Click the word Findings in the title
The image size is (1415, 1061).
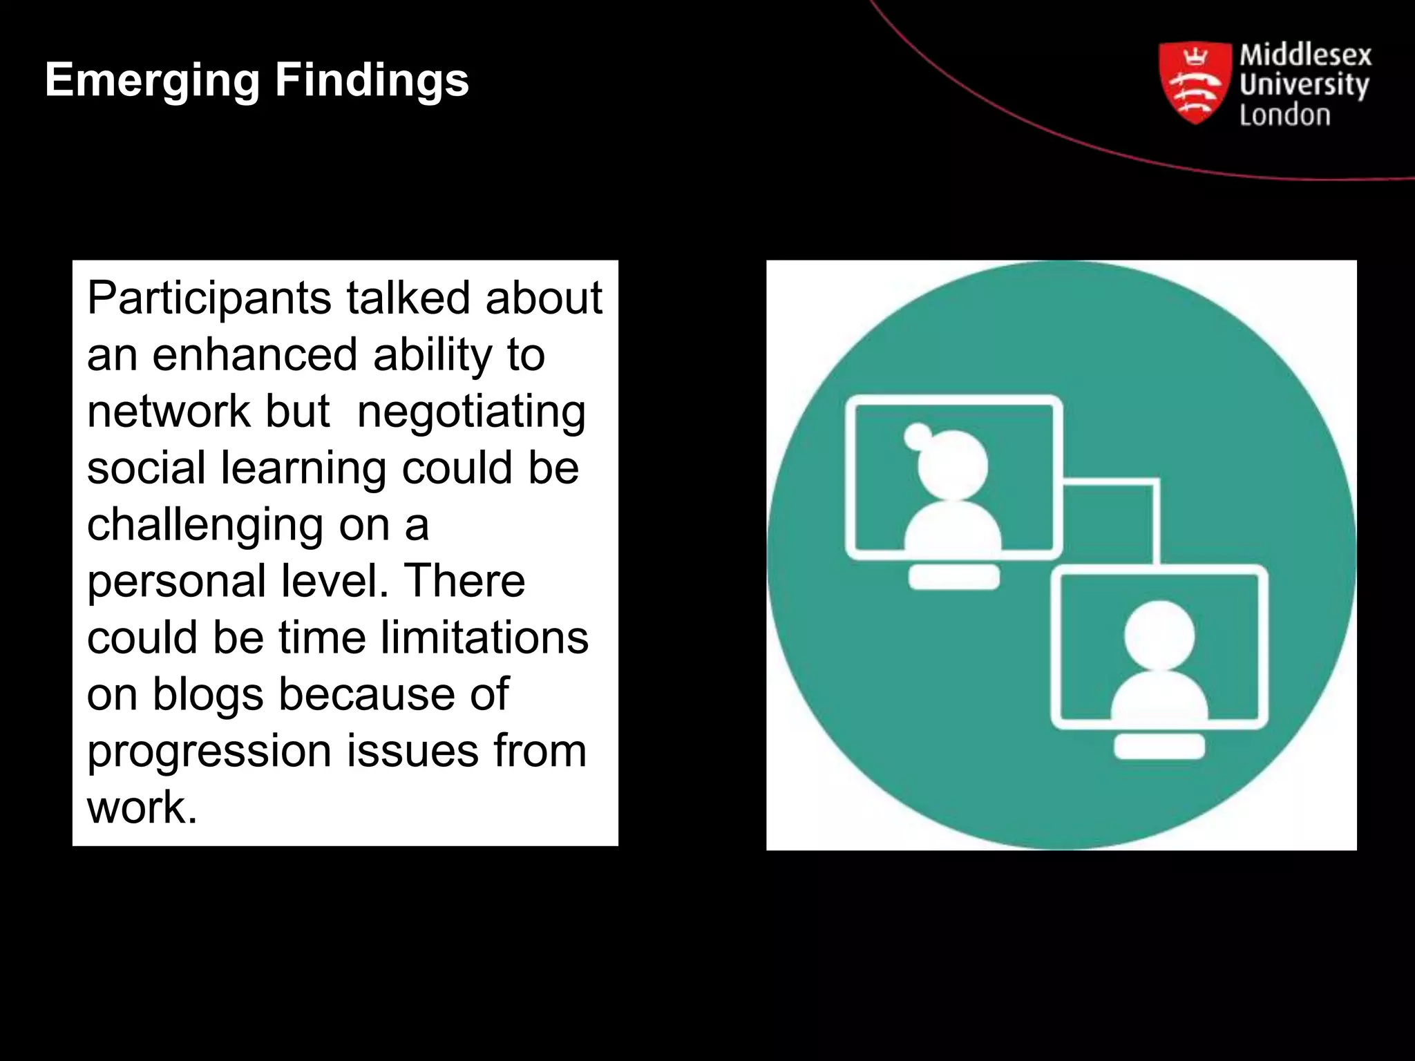[372, 81]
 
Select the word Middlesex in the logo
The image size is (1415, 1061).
[1304, 55]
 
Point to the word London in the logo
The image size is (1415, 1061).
[1284, 115]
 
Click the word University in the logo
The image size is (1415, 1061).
[1303, 85]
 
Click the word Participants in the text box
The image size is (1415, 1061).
[209, 298]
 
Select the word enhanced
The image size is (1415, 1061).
[254, 355]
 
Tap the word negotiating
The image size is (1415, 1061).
[471, 412]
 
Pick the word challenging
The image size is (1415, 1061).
[205, 525]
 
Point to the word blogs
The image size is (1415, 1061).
[208, 694]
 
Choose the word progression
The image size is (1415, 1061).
[209, 752]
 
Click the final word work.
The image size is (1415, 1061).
[142, 807]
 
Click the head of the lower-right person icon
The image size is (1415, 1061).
[1159, 634]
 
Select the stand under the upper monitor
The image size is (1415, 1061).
[953, 577]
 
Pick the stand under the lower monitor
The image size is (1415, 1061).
[1159, 747]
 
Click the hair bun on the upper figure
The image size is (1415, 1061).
[918, 436]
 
